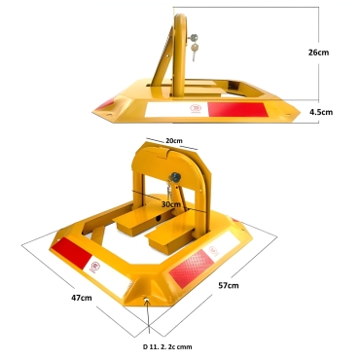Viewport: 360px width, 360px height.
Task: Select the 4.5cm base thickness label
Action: point(320,112)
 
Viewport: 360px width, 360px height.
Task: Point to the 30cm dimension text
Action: point(171,204)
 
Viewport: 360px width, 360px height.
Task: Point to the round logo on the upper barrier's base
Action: point(197,109)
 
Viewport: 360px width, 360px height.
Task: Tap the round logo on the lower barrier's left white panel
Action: point(94,264)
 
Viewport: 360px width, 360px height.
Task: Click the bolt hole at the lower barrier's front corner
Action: point(146,302)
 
